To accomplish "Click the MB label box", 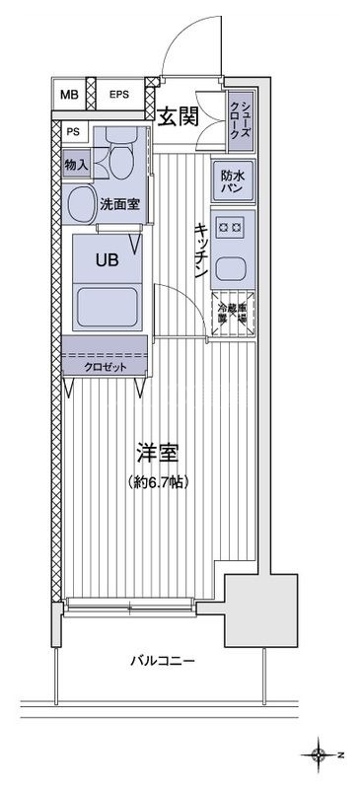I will (x=68, y=95).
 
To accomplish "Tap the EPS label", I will (x=119, y=95).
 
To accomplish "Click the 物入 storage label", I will (x=77, y=165).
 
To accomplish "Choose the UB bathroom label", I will (x=106, y=262).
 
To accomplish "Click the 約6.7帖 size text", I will (x=158, y=482).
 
